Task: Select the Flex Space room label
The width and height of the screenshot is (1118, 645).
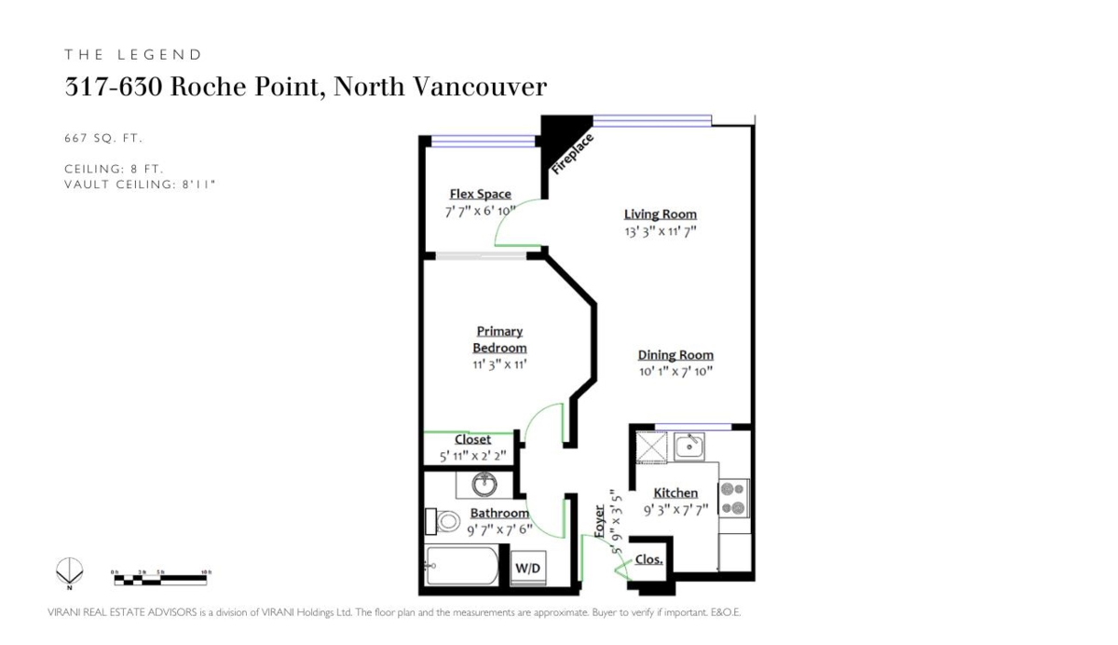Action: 480,194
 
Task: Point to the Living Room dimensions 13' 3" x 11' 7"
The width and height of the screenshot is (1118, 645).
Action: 661,232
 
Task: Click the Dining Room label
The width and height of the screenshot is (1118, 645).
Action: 675,355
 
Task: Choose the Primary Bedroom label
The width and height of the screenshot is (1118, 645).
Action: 499,339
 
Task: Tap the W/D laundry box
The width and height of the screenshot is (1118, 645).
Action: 526,568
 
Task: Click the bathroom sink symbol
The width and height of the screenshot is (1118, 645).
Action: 484,485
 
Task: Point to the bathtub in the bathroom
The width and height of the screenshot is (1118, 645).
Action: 462,566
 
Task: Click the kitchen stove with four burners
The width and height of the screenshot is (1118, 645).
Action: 733,498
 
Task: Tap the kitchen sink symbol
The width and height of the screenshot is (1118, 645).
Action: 689,446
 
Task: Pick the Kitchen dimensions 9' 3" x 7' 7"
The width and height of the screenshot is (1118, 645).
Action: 675,510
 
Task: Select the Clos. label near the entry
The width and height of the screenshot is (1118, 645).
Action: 648,560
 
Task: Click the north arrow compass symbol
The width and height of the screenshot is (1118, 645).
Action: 69,570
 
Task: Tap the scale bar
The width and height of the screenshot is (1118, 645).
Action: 159,578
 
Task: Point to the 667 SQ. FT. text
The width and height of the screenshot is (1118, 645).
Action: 103,138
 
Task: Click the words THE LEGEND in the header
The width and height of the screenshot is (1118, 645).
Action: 133,55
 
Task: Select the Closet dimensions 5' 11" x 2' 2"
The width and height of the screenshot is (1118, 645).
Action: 472,457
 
